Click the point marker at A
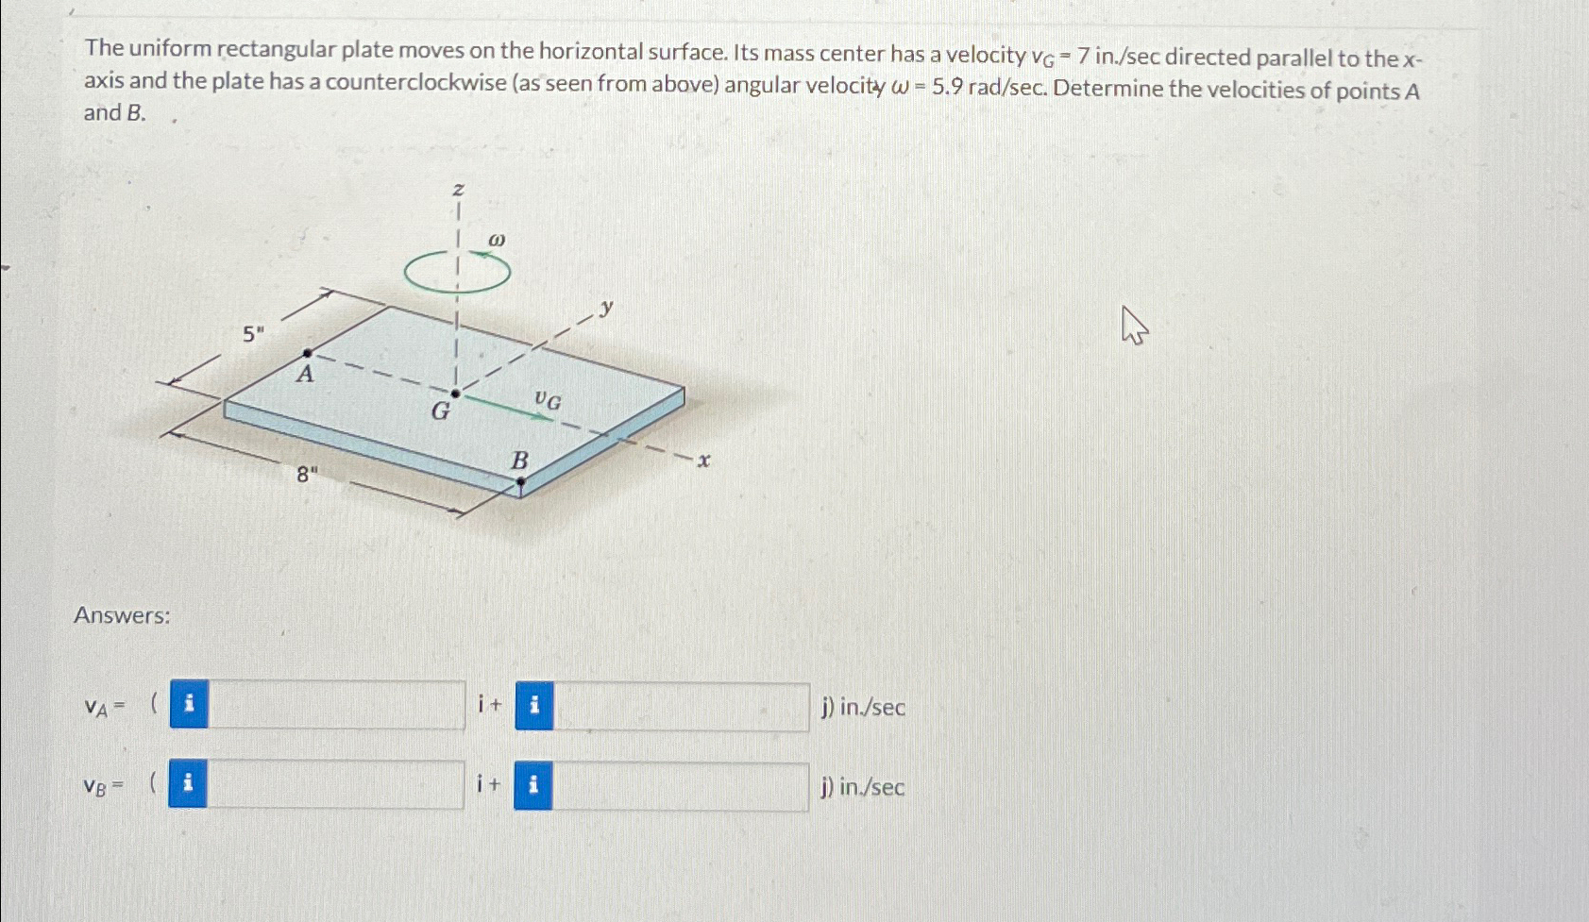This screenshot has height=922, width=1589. [x=307, y=353]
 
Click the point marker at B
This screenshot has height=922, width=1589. [x=520, y=481]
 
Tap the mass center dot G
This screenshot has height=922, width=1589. [x=455, y=394]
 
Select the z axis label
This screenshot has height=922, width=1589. [x=458, y=191]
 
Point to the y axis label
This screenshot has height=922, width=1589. [x=606, y=307]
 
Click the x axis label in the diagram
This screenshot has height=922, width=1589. [x=702, y=461]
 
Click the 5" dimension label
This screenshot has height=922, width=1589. [x=253, y=333]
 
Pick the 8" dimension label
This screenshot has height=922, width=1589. [x=307, y=475]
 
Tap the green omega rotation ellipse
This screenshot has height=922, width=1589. [x=457, y=274]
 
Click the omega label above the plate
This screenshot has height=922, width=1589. [x=497, y=241]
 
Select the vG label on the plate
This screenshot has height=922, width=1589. [x=548, y=401]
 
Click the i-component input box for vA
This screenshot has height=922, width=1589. [x=336, y=706]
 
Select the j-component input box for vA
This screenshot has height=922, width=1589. [x=681, y=707]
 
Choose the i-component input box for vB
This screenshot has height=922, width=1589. [x=335, y=785]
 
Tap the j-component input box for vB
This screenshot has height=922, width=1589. [x=680, y=786]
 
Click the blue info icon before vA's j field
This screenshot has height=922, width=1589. [x=534, y=706]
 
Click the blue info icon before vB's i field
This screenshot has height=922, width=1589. [x=188, y=785]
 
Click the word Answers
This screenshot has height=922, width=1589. [x=122, y=615]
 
